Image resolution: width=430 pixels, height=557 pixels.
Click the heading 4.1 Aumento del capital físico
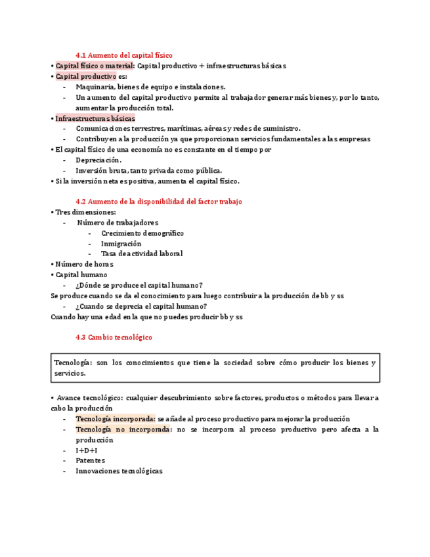click(124, 55)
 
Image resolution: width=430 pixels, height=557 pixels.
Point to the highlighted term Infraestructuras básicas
click(95, 118)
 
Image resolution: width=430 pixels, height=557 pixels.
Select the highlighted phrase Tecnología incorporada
click(115, 418)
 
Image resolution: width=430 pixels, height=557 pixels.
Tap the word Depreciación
click(98, 160)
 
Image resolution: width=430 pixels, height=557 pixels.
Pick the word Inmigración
click(121, 243)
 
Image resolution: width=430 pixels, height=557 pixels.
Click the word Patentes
click(90, 460)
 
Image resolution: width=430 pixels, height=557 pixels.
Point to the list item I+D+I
click(86, 450)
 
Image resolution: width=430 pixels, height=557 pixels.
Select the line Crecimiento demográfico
click(142, 233)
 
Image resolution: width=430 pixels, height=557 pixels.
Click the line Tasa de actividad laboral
click(141, 254)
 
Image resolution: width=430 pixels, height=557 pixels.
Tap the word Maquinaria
click(94, 87)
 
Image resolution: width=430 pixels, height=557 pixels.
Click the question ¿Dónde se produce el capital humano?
click(139, 285)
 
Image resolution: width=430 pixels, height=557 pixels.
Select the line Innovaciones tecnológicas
click(119, 471)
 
